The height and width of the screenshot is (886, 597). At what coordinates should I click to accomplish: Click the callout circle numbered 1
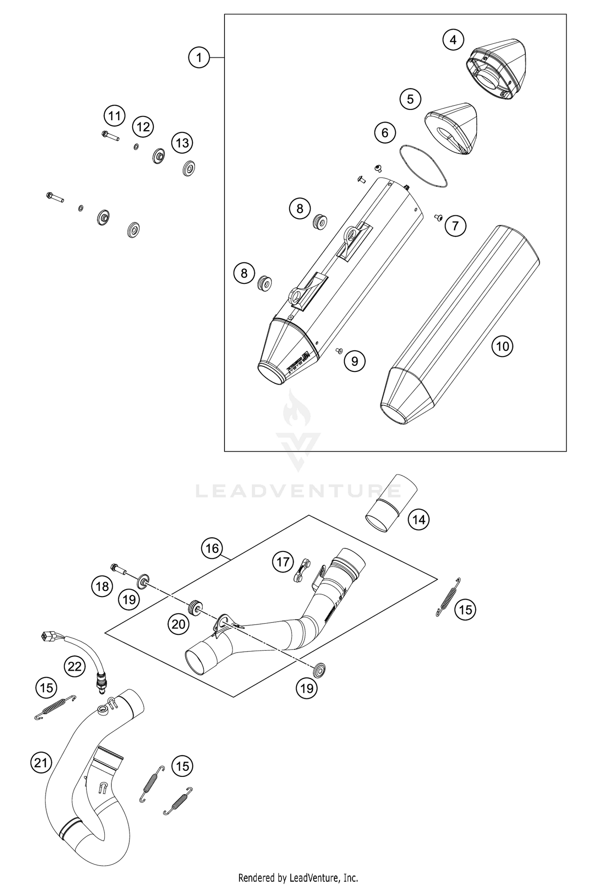199,58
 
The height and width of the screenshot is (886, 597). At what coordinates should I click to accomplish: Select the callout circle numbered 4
453,40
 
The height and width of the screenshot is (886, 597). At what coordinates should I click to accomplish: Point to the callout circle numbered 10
502,346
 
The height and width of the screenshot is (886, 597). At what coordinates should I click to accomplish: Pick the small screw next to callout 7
438,217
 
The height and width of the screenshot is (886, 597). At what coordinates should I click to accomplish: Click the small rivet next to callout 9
339,350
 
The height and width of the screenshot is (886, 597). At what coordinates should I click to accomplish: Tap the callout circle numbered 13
182,143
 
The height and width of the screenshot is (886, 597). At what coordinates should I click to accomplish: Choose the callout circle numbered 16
212,548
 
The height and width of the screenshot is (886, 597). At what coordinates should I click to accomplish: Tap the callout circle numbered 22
74,666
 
